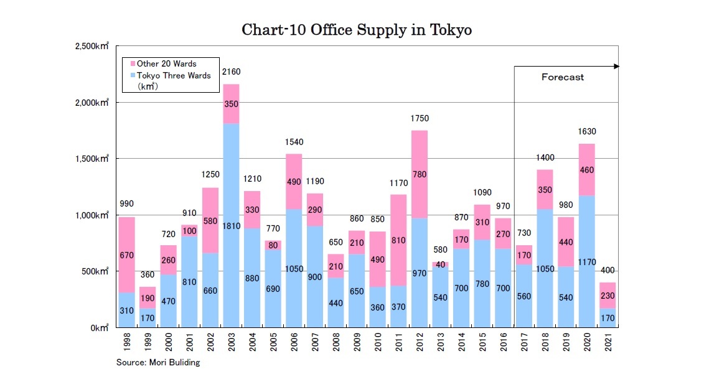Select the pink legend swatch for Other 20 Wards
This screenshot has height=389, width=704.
pyautogui.click(x=132, y=64)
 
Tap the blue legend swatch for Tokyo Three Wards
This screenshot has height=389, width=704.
pyautogui.click(x=132, y=76)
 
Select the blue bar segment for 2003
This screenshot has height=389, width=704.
pyautogui.click(x=232, y=224)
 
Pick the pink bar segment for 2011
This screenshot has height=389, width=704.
pyautogui.click(x=399, y=240)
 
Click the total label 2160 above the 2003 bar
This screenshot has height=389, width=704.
pyautogui.click(x=232, y=72)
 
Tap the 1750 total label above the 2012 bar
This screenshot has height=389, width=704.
pyautogui.click(x=420, y=118)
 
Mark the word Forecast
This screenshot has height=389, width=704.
pyautogui.click(x=562, y=77)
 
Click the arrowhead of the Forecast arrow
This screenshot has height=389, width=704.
pyautogui.click(x=616, y=66)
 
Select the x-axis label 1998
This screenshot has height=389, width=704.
pyautogui.click(x=127, y=343)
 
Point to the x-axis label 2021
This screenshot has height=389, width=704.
pyautogui.click(x=608, y=343)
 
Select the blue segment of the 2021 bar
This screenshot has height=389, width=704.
pyautogui.click(x=608, y=317)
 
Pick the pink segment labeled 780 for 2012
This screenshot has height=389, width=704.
pyautogui.click(x=420, y=174)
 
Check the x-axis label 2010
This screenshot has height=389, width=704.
pyautogui.click(x=378, y=343)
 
